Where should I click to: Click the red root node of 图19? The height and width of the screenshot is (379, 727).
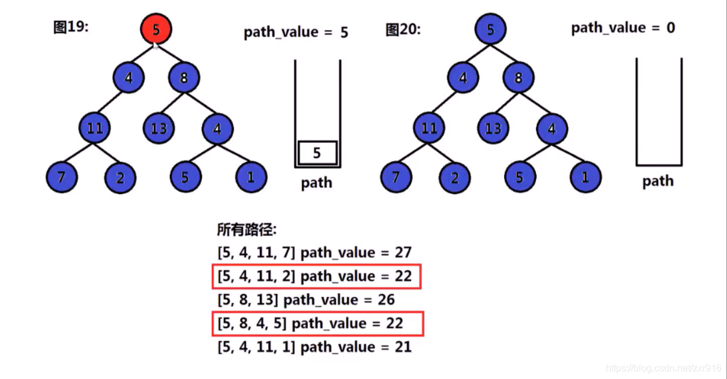point(156,29)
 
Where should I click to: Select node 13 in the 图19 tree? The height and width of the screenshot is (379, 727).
point(159,129)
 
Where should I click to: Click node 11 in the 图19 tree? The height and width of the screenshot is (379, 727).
point(95,129)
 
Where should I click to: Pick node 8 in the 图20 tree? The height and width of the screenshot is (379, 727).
point(519,79)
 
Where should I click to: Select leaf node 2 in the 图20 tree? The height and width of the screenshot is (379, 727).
point(454,177)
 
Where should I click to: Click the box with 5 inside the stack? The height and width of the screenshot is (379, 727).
point(317,153)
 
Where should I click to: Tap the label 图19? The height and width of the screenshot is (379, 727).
point(71,28)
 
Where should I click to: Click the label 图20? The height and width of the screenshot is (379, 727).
point(403,29)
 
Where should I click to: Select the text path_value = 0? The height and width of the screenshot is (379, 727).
point(623,28)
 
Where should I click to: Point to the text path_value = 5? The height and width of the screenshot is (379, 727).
point(295,32)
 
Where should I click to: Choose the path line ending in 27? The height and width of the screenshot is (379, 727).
point(315,253)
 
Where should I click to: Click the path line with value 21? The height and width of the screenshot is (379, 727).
point(315,347)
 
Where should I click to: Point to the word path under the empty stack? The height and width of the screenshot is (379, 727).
point(658,181)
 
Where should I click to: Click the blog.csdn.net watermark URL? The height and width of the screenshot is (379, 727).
point(663,368)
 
